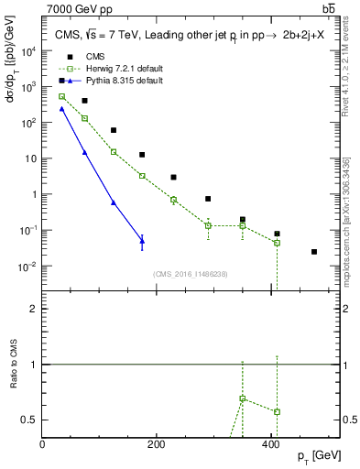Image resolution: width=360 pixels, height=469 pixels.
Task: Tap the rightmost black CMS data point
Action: click(x=314, y=251)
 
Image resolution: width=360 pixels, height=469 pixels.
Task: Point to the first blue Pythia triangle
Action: click(x=61, y=108)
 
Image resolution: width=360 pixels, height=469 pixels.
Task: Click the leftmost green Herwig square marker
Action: click(x=61, y=96)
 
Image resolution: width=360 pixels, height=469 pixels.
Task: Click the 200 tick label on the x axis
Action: click(x=157, y=444)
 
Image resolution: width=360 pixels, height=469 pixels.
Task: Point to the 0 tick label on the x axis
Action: click(x=43, y=444)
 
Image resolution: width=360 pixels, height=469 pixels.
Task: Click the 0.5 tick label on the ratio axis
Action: click(x=30, y=420)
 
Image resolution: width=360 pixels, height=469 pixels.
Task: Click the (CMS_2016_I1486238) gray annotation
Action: click(x=191, y=274)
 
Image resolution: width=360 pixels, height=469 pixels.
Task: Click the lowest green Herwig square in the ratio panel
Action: click(x=277, y=411)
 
